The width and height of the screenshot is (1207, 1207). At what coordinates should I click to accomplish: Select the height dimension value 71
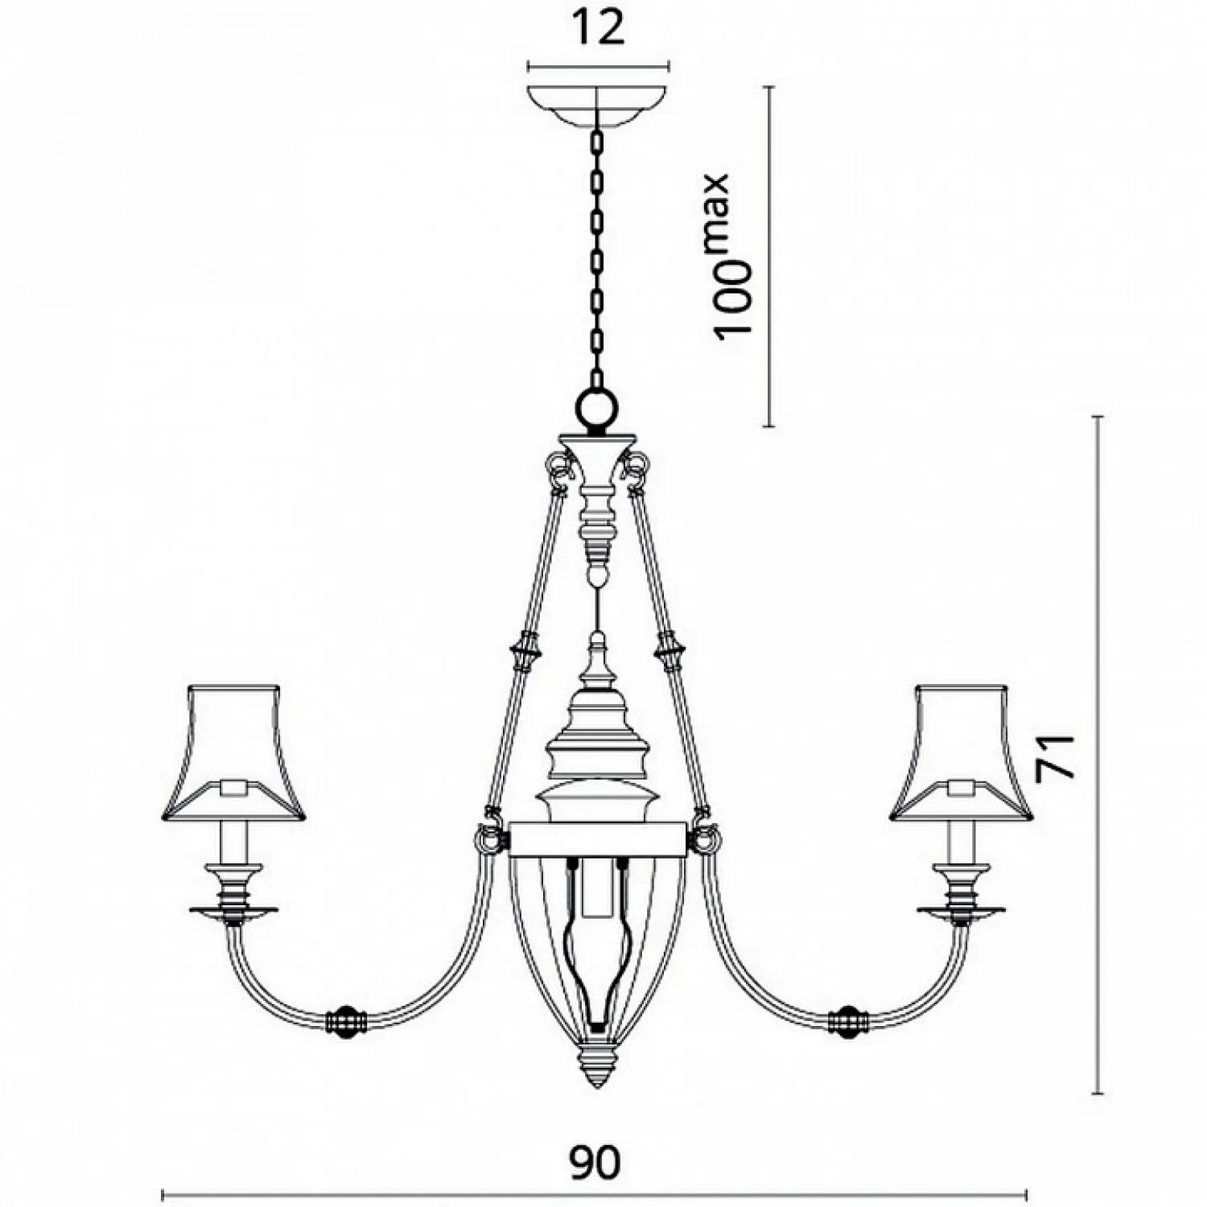tap(1056, 756)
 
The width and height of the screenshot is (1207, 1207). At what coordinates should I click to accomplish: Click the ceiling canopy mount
tap(598, 105)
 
